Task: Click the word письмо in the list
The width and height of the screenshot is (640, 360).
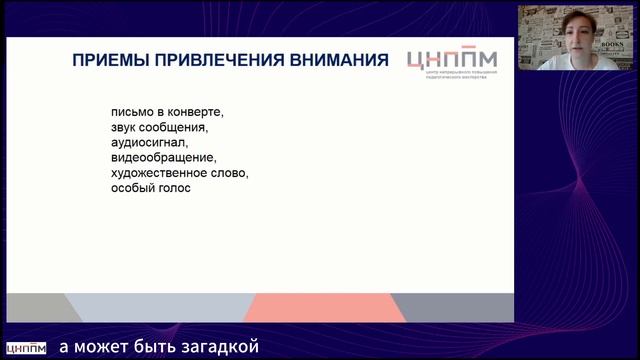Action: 136,112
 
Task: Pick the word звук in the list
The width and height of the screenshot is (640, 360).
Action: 127,127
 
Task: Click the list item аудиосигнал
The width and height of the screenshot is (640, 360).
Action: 149,142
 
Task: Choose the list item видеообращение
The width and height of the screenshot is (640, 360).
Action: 164,157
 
